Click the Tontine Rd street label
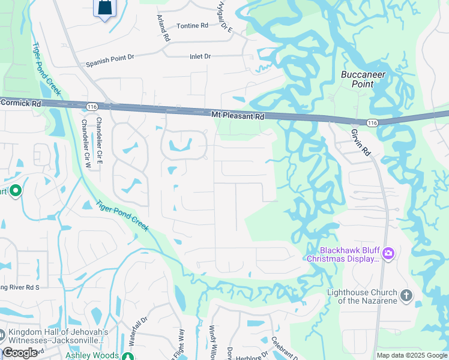(192, 26)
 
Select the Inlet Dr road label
(200, 56)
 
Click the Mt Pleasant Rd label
(238, 114)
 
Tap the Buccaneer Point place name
(363, 79)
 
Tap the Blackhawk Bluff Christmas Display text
(343, 254)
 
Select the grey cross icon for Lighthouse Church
(406, 295)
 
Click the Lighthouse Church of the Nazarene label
(361, 296)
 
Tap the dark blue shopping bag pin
(104, 7)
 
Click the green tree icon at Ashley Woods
(127, 356)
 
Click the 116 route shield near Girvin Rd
(372, 122)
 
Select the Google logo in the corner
(20, 353)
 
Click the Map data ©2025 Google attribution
(412, 355)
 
